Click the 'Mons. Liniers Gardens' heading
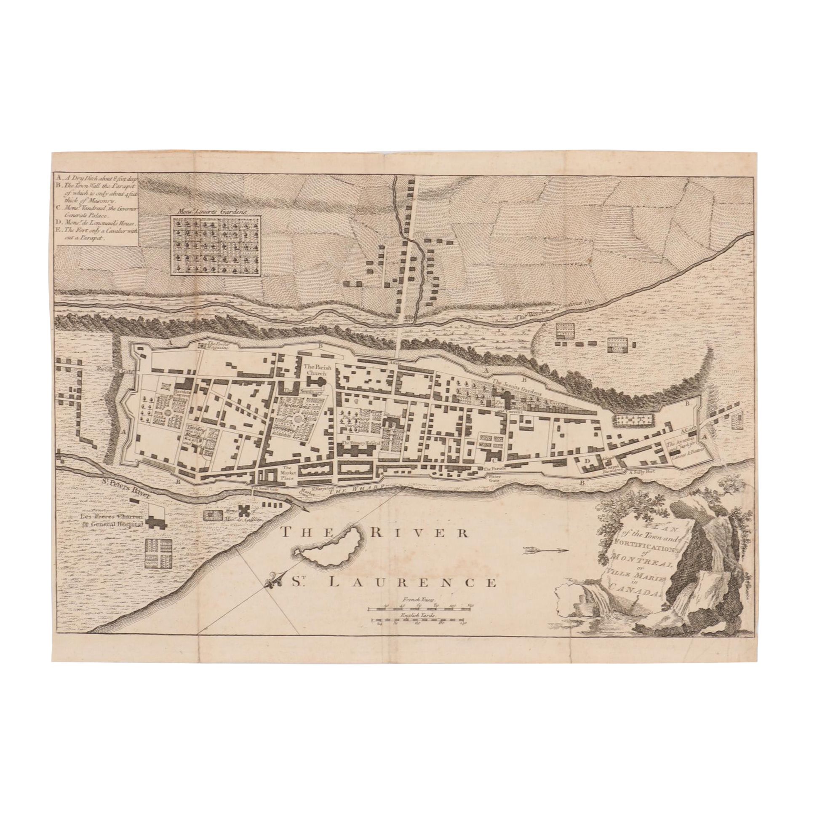point(215,210)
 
